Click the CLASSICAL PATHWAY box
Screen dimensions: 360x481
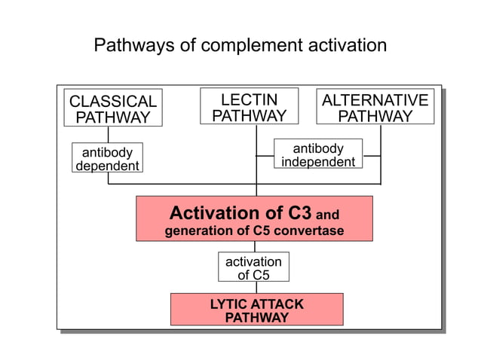pos(112,108)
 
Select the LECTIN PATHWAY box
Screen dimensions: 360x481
pos(249,106)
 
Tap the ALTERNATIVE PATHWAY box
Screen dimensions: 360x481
pos(375,108)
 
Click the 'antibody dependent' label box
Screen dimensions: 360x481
pos(107,158)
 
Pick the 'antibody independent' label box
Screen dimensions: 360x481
pos(317,154)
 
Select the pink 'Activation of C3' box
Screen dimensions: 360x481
pos(254,218)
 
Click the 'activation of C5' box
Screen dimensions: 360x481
pos(253,267)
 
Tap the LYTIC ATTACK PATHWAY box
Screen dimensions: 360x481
pos(256,310)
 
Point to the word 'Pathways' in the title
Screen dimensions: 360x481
pos(130,45)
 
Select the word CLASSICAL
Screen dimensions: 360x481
pos(112,101)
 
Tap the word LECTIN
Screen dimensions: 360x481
pos(249,99)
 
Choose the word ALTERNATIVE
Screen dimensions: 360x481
pos(375,100)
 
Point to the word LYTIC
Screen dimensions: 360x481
pos(229,304)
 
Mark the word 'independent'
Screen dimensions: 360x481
pos(317,162)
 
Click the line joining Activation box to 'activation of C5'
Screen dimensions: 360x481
pos(254,246)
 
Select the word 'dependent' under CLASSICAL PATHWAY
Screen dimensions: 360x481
pos(107,166)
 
